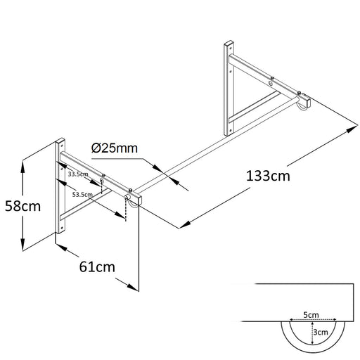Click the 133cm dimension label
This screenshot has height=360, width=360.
[268, 176]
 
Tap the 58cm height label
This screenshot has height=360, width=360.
[22, 206]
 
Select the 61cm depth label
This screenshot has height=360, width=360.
[97, 267]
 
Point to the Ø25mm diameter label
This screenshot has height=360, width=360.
[115, 148]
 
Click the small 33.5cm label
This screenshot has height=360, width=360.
[78, 174]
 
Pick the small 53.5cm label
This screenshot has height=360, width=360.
[82, 195]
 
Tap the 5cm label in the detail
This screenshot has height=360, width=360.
[311, 315]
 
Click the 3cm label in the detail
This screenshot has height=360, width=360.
[321, 332]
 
